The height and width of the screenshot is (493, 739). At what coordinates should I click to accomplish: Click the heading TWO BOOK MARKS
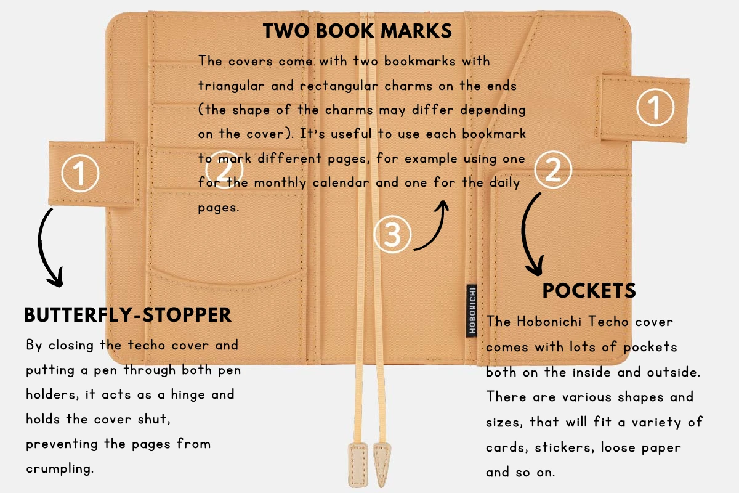point(357,31)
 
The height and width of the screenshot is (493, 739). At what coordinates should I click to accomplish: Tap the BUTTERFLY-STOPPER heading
point(127,315)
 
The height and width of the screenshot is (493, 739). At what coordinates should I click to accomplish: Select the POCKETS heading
point(589,291)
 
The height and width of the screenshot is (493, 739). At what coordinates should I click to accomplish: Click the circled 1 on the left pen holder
point(80,173)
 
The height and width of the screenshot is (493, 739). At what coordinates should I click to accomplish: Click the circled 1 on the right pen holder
point(655,107)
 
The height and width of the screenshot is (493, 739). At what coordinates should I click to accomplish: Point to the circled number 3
point(392,234)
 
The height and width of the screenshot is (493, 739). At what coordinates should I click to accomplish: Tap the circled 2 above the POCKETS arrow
point(553,169)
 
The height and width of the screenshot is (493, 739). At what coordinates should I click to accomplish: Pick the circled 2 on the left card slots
point(224,169)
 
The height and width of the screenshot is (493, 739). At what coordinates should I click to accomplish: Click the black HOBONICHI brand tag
point(472,311)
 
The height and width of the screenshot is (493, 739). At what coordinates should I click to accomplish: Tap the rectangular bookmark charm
point(358,465)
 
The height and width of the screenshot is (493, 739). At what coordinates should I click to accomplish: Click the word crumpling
point(60,469)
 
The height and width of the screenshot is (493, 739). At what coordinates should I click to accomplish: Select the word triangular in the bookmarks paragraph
point(232,86)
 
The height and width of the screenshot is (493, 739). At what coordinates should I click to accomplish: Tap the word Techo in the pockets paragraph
point(608,321)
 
